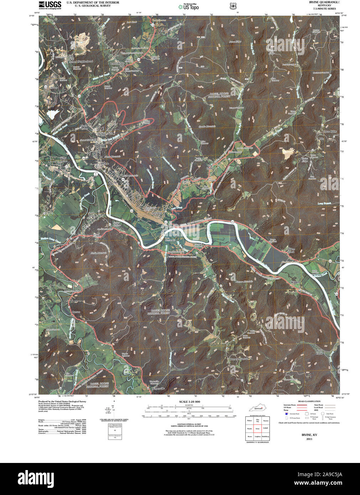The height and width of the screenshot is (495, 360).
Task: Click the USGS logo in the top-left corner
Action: point(50,5)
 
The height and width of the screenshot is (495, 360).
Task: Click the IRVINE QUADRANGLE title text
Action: point(320,2)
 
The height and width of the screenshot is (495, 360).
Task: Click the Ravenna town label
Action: point(157,213)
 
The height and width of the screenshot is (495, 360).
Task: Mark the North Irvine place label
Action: point(84,127)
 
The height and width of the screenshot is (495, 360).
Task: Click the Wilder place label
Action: point(295,282)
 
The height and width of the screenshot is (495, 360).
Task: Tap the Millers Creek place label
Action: point(291,250)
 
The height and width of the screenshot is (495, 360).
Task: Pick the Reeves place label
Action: point(76,312)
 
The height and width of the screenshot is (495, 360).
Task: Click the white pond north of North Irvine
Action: point(52,114)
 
